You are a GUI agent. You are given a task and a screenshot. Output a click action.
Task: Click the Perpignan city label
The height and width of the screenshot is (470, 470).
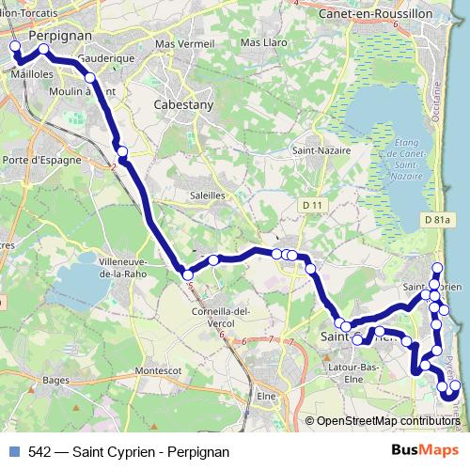(59, 34)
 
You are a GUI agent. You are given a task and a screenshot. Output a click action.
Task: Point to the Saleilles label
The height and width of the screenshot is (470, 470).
(208, 195)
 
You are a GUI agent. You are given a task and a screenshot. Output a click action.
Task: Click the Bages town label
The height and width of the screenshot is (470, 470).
(56, 380)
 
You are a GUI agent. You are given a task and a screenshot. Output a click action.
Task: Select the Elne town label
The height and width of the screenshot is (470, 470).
(267, 396)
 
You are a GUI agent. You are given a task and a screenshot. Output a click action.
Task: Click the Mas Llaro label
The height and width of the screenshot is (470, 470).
(263, 43)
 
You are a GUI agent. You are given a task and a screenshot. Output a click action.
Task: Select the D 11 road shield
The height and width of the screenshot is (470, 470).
(313, 205)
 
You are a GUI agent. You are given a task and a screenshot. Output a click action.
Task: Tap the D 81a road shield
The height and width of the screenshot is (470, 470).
(438, 220)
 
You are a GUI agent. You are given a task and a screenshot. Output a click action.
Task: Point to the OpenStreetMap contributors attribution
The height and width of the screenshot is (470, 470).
(386, 421)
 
